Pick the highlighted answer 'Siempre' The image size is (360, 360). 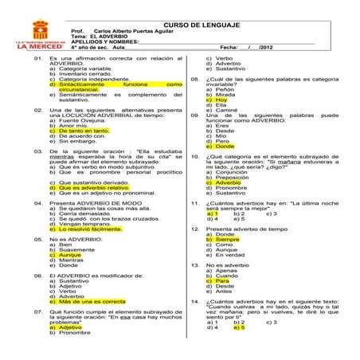pos(226,239)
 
